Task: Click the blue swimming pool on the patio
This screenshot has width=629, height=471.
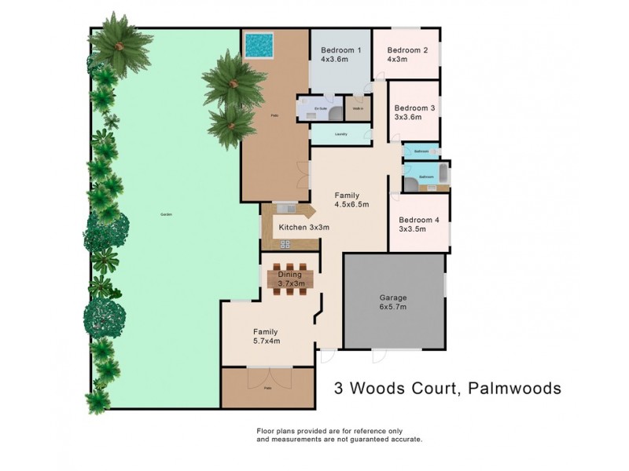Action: [x=258, y=46]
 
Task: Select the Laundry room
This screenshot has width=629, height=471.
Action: [x=340, y=134]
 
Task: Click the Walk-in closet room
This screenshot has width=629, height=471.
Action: [x=358, y=108]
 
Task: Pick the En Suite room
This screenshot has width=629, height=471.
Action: [x=320, y=108]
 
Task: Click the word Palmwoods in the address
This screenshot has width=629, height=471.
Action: [x=513, y=388]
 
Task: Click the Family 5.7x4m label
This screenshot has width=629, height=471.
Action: [x=266, y=336]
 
